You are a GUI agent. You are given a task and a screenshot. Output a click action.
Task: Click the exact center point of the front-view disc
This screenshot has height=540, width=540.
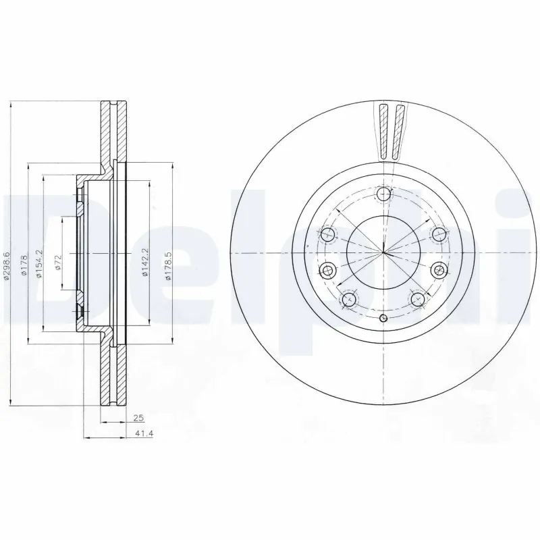(383, 252)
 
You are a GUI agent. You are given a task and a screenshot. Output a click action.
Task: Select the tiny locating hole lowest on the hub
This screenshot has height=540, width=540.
(383, 319)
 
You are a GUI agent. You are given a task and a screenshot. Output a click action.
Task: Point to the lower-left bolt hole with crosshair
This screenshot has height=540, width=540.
(349, 299)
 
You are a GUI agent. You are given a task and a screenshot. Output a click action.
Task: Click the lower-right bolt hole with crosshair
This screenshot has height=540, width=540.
(416, 299)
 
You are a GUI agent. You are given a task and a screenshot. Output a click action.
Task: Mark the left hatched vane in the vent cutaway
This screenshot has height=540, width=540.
(383, 132)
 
